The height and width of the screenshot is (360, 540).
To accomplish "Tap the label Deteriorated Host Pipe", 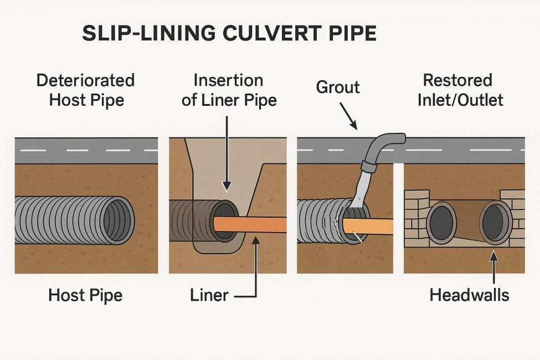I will click(86, 90).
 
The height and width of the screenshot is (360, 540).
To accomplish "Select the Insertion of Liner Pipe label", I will click(229, 90).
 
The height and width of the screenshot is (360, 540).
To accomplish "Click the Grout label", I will click(337, 87).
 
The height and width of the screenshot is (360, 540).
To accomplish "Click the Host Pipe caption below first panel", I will click(85, 295).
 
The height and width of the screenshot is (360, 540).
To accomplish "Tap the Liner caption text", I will click(209, 295).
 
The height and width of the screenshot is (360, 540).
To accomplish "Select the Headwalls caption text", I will click(469, 295).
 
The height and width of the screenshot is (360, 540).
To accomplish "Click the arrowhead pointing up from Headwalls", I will click(494, 255).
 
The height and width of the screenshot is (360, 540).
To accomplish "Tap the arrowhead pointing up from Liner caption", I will click(256, 239).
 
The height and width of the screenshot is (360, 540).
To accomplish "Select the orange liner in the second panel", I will click(255, 224).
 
